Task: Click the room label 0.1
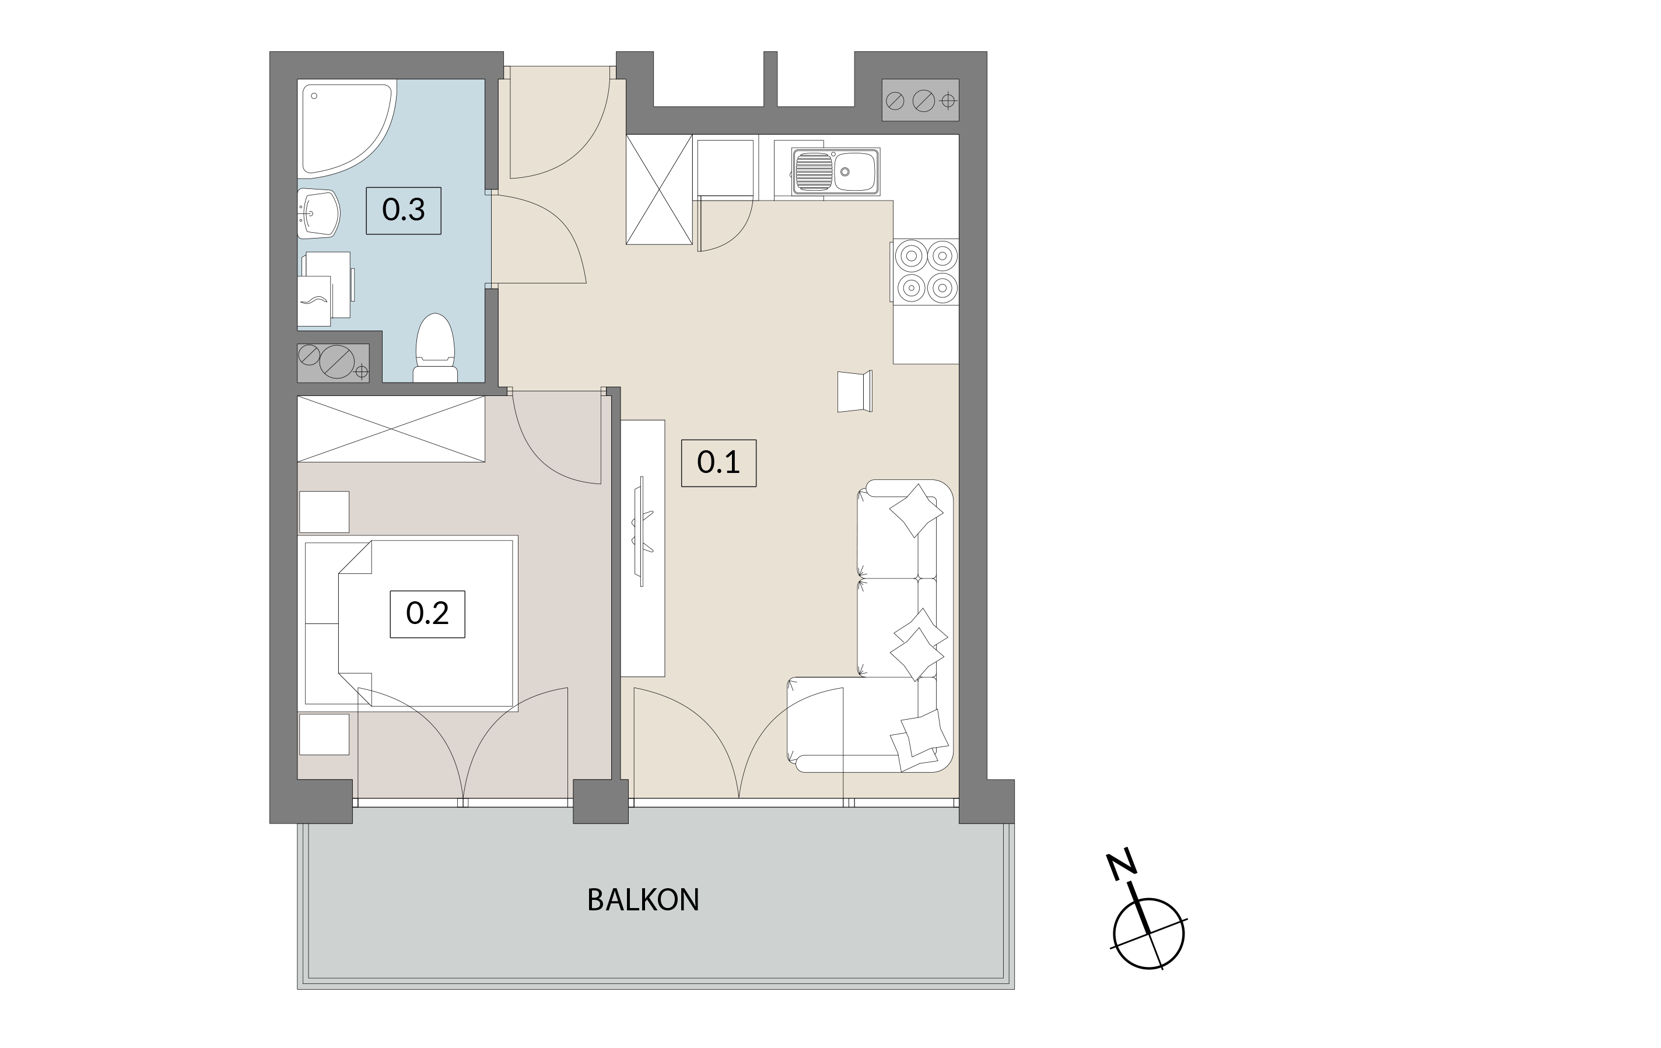tap(718, 462)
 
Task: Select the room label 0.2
tap(427, 614)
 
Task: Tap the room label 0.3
tap(403, 210)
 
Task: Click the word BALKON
tap(643, 900)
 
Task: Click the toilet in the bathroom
tap(435, 348)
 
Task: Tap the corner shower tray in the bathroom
tap(347, 128)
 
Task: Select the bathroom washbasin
tap(318, 213)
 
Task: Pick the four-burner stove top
tap(926, 271)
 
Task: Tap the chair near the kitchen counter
tap(854, 391)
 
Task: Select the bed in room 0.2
tap(411, 623)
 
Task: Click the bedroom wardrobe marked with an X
tap(391, 429)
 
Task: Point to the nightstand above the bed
tap(324, 512)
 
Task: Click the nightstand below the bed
tap(324, 734)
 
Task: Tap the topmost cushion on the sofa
tap(916, 510)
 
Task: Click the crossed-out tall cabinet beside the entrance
tap(659, 189)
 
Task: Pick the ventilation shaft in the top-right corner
tap(920, 101)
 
